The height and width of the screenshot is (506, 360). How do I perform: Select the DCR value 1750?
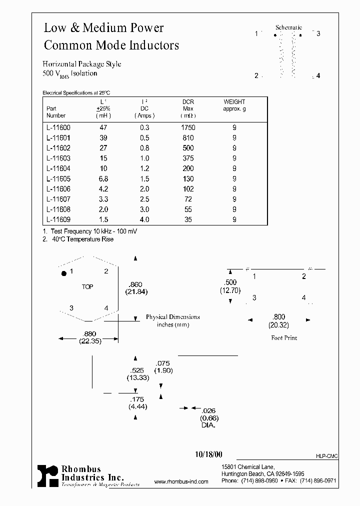pos(188,127)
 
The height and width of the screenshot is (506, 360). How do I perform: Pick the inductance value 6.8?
pos(104,178)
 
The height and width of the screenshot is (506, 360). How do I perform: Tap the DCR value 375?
pos(188,158)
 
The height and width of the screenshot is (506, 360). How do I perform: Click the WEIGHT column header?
pos(234,102)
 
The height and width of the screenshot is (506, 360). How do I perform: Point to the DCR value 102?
pos(188,189)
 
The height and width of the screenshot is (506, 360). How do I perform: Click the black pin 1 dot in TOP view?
pos(63,273)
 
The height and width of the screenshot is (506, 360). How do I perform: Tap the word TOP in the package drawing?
pos(87,287)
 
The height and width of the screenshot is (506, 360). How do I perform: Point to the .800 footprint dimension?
pos(278,316)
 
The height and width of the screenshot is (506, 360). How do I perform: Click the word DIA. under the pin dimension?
pos(208,425)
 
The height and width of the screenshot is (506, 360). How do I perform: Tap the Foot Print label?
pos(284,338)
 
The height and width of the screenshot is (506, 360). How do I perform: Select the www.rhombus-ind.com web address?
pos(181,481)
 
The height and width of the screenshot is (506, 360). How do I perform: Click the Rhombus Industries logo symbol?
pos(47,475)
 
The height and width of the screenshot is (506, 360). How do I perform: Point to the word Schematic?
pos(288,27)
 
